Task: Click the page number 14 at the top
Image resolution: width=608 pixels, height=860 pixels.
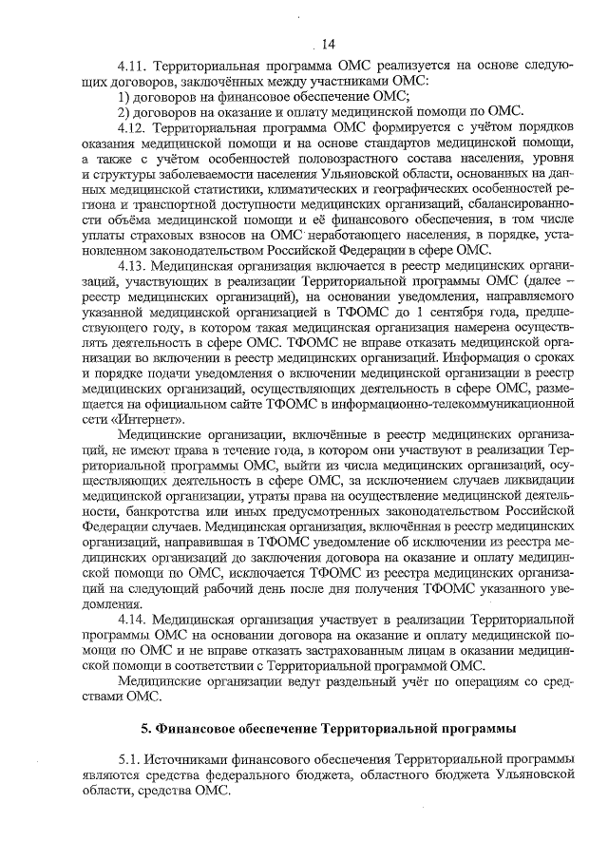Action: coord(328,44)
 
